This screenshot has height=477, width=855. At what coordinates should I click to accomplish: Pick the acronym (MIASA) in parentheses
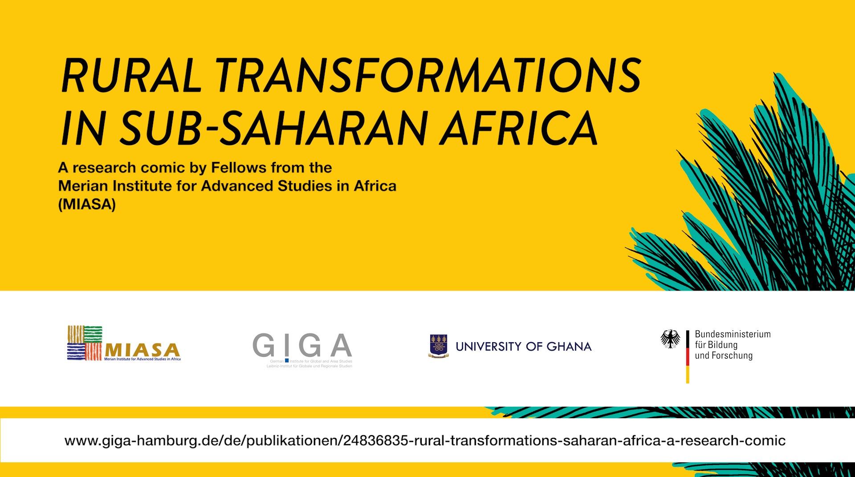[87, 204]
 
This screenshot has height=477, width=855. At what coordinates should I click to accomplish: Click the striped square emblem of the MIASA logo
[85, 343]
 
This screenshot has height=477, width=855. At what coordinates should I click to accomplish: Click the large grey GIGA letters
[302, 345]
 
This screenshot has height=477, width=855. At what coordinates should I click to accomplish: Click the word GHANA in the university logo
[569, 347]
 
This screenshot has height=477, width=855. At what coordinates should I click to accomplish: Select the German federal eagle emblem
[670, 339]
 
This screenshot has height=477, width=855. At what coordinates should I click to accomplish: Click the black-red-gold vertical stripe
[688, 356]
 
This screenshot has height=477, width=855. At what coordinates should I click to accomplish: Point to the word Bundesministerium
[733, 334]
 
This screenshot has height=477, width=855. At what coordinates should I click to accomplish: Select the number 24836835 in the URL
[376, 441]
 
